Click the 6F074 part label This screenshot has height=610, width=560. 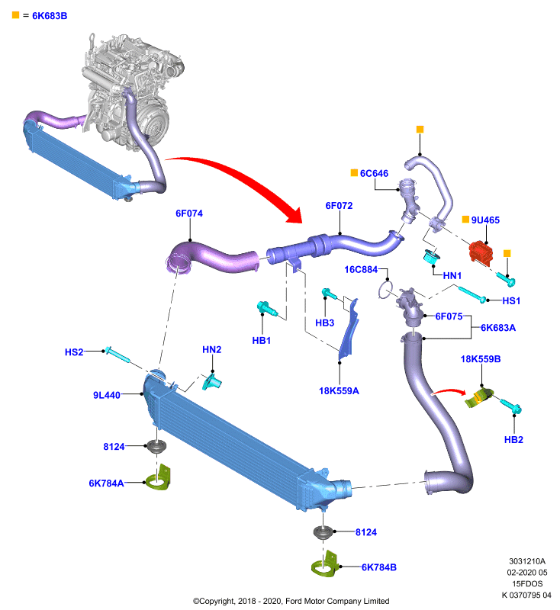pyautogui.click(x=189, y=213)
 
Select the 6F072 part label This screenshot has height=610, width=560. pyautogui.click(x=339, y=205)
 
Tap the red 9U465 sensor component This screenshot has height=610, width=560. pyautogui.click(x=481, y=252)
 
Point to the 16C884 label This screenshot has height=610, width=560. pyautogui.click(x=361, y=269)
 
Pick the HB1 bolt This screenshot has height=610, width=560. pyautogui.click(x=267, y=309)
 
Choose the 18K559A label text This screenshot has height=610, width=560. pyautogui.click(x=339, y=390)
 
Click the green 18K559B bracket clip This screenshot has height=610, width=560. pyautogui.click(x=479, y=397)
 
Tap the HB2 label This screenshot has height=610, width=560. pyautogui.click(x=513, y=440)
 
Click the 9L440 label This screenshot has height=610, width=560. pyautogui.click(x=107, y=395)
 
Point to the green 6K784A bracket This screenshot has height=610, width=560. pyautogui.click(x=159, y=478)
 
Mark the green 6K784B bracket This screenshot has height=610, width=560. pyautogui.click(x=325, y=564)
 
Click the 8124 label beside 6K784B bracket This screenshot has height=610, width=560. pyautogui.click(x=366, y=532)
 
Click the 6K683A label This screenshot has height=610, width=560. pyautogui.click(x=498, y=328)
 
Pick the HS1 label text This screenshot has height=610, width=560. pyautogui.click(x=511, y=300)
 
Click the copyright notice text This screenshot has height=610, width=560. pyautogui.click(x=291, y=601)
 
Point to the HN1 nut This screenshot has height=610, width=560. pyautogui.click(x=432, y=256)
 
